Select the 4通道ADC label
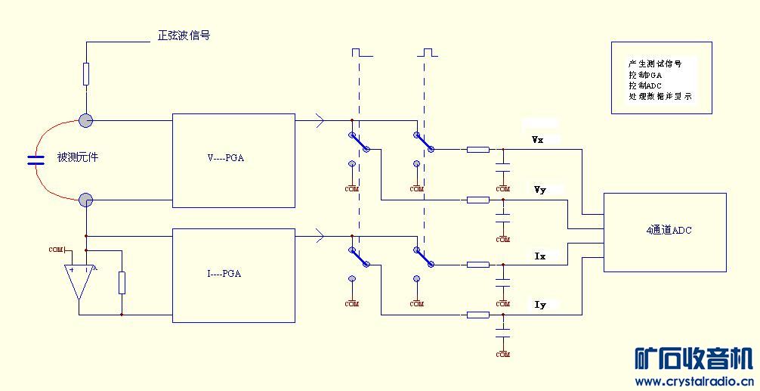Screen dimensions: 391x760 tap(664, 231)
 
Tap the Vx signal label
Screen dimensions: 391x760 tap(538, 140)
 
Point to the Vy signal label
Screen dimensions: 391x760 tap(539, 189)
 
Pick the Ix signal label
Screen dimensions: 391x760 tap(539, 256)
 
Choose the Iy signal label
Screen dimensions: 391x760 tap(539, 304)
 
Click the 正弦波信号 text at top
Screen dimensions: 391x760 tap(183, 36)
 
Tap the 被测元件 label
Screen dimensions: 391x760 tap(78, 158)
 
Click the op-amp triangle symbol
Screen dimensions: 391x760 tap(79, 280)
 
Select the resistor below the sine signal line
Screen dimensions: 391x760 tap(86, 74)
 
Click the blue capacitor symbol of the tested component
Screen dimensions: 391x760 tap(36, 160)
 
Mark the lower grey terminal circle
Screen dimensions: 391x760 tap(86, 200)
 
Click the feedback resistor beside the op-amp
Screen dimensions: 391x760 tap(122, 282)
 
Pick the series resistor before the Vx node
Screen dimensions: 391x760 tap(477, 150)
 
